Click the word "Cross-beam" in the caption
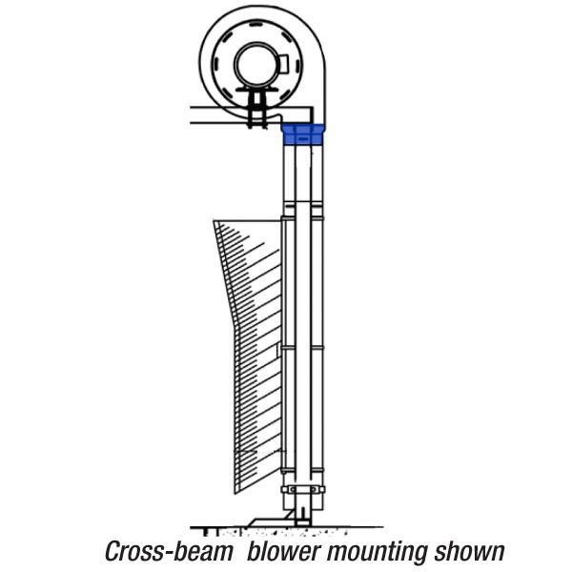tap(169, 551)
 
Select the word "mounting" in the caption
tap(377, 553)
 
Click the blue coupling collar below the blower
tap(302, 133)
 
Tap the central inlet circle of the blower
tap(256, 65)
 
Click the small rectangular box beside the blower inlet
tap(284, 64)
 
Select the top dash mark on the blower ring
tap(255, 25)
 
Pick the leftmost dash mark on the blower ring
tap(216, 63)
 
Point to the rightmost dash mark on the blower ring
tap(297, 67)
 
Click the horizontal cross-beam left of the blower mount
tap(218, 115)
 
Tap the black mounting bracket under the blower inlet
tap(256, 106)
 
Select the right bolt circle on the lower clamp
tap(314, 489)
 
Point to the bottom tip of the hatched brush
tap(235, 494)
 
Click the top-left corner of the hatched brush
tap(214, 221)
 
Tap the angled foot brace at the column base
tap(270, 519)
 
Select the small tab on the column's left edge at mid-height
tap(279, 350)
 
